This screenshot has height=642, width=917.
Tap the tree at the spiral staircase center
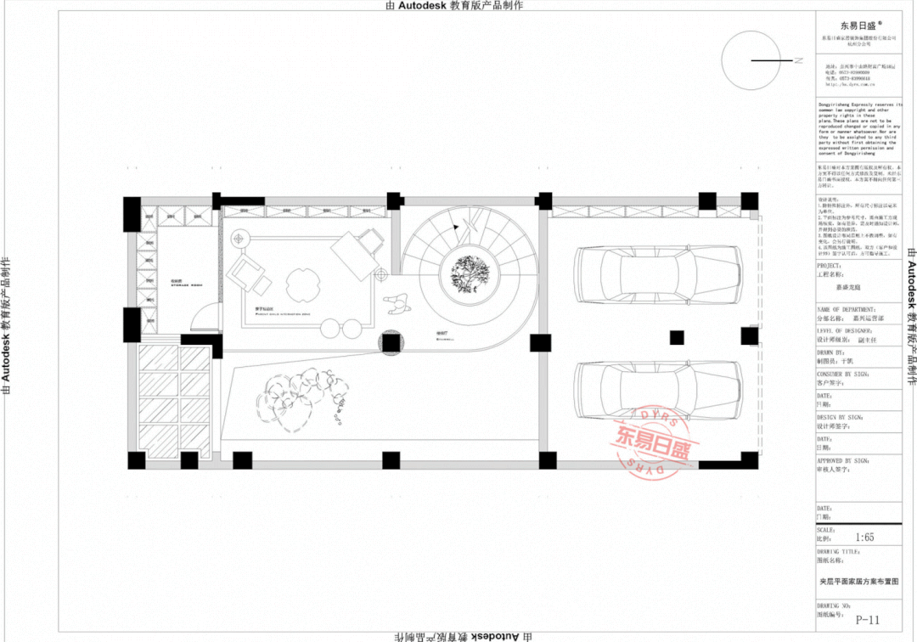tap(468, 274)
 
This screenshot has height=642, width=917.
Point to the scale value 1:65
tap(864, 537)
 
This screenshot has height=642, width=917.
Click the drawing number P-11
tap(865, 620)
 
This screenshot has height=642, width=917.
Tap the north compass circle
tap(751, 60)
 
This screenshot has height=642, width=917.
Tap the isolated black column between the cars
tap(677, 337)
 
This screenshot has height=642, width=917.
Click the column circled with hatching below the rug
tap(391, 344)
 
